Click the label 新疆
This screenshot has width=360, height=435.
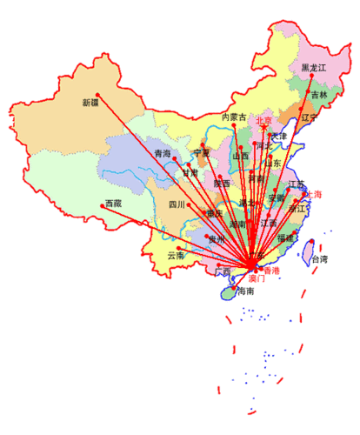[90, 103]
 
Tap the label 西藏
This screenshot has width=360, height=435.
[113, 204]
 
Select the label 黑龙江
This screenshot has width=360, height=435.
[313, 68]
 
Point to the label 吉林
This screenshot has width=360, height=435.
[319, 95]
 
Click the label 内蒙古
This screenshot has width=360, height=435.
[235, 117]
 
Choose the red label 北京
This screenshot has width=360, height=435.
[263, 121]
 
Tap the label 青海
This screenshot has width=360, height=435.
[163, 154]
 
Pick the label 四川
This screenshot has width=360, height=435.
[177, 204]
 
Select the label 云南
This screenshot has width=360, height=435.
[176, 256]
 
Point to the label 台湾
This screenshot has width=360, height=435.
[319, 259]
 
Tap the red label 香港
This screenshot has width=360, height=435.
[271, 271]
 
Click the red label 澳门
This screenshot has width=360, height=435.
[257, 278]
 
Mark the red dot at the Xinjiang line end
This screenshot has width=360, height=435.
[99, 95]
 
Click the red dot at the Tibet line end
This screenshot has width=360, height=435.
[103, 205]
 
